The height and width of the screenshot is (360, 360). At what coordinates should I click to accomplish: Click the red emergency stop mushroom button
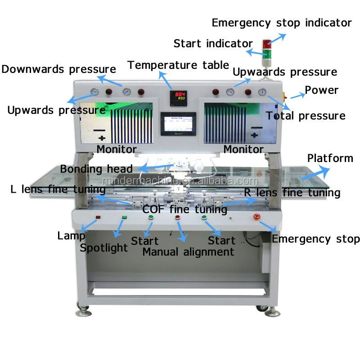click(257, 216)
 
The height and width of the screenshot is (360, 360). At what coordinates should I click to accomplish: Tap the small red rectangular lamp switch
click(98, 218)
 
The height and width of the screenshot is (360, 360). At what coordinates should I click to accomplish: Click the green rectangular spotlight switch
click(125, 218)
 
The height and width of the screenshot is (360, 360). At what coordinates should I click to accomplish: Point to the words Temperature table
click(178, 65)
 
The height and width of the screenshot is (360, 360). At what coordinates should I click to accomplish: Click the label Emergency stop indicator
click(282, 22)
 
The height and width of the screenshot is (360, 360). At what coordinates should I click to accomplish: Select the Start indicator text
click(213, 44)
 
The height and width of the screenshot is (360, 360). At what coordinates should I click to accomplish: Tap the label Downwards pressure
click(58, 69)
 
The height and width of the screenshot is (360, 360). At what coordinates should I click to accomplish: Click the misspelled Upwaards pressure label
click(284, 72)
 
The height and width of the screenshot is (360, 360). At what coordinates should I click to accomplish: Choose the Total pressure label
click(306, 116)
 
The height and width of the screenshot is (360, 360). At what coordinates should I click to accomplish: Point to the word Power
click(321, 90)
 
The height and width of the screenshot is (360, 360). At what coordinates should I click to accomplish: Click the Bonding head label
click(96, 169)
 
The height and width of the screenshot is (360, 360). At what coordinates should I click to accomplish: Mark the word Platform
click(330, 158)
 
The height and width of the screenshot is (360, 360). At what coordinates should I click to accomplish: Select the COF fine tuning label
click(184, 209)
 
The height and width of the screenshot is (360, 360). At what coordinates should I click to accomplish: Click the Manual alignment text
click(188, 252)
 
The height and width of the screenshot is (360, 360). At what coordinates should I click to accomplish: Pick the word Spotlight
click(104, 247)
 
